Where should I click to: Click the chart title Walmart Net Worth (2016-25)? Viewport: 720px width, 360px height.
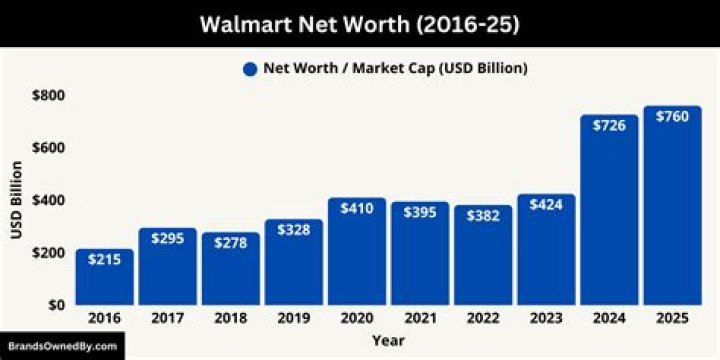click(x=359, y=22)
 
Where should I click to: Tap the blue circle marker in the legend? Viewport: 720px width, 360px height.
click(x=249, y=69)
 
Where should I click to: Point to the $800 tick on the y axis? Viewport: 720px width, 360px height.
click(x=46, y=95)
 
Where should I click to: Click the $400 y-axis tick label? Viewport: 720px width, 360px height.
click(x=46, y=200)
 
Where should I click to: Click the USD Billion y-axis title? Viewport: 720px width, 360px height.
click(x=15, y=200)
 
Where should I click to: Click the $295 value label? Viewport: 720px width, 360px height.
click(x=167, y=238)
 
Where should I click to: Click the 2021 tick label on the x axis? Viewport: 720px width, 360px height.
click(x=419, y=319)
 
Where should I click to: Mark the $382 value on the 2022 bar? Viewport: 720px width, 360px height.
click(x=482, y=215)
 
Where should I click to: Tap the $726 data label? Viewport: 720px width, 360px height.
click(x=608, y=125)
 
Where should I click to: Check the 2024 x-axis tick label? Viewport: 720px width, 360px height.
click(x=608, y=319)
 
